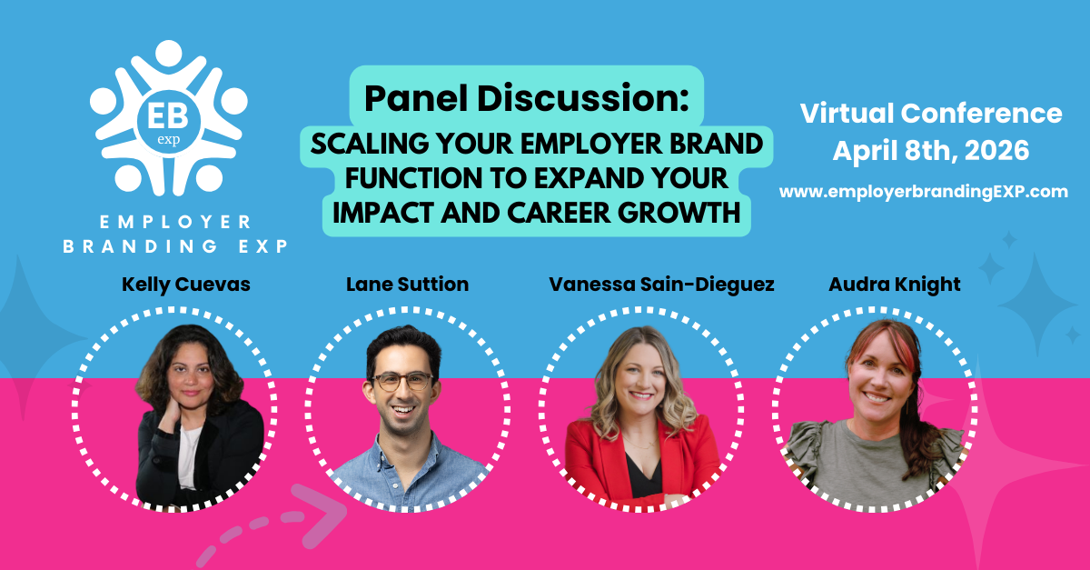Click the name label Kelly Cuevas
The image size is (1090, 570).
(x=186, y=285)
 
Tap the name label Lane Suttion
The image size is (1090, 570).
(x=407, y=284)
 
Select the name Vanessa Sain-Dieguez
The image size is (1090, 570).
(x=661, y=285)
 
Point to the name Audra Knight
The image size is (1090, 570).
(x=895, y=285)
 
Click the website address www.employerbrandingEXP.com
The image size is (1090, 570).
(x=924, y=192)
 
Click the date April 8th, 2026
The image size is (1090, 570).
(x=931, y=151)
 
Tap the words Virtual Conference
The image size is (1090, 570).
(x=931, y=113)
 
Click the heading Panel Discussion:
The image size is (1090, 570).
(x=527, y=98)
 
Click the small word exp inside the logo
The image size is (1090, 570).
(x=169, y=140)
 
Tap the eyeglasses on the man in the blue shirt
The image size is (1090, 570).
(x=402, y=382)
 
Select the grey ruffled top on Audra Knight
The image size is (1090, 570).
(x=871, y=463)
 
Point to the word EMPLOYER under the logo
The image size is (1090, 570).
(x=175, y=222)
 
